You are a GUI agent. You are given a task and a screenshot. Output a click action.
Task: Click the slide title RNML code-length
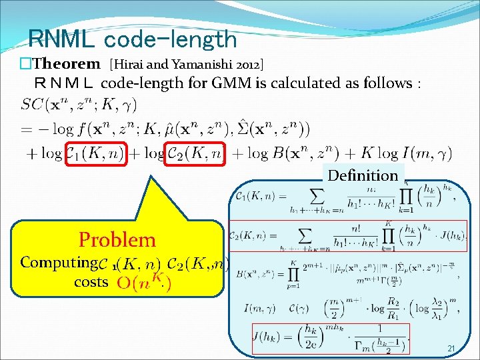(x=133, y=39)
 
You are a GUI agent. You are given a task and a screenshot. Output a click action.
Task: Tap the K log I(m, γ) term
(x=405, y=155)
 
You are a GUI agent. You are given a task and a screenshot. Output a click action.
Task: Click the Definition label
(x=363, y=175)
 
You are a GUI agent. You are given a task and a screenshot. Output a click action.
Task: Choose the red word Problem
(x=117, y=239)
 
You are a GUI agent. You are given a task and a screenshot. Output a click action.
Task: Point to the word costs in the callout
(x=91, y=282)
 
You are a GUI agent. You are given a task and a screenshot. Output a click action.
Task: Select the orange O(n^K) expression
(x=143, y=283)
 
